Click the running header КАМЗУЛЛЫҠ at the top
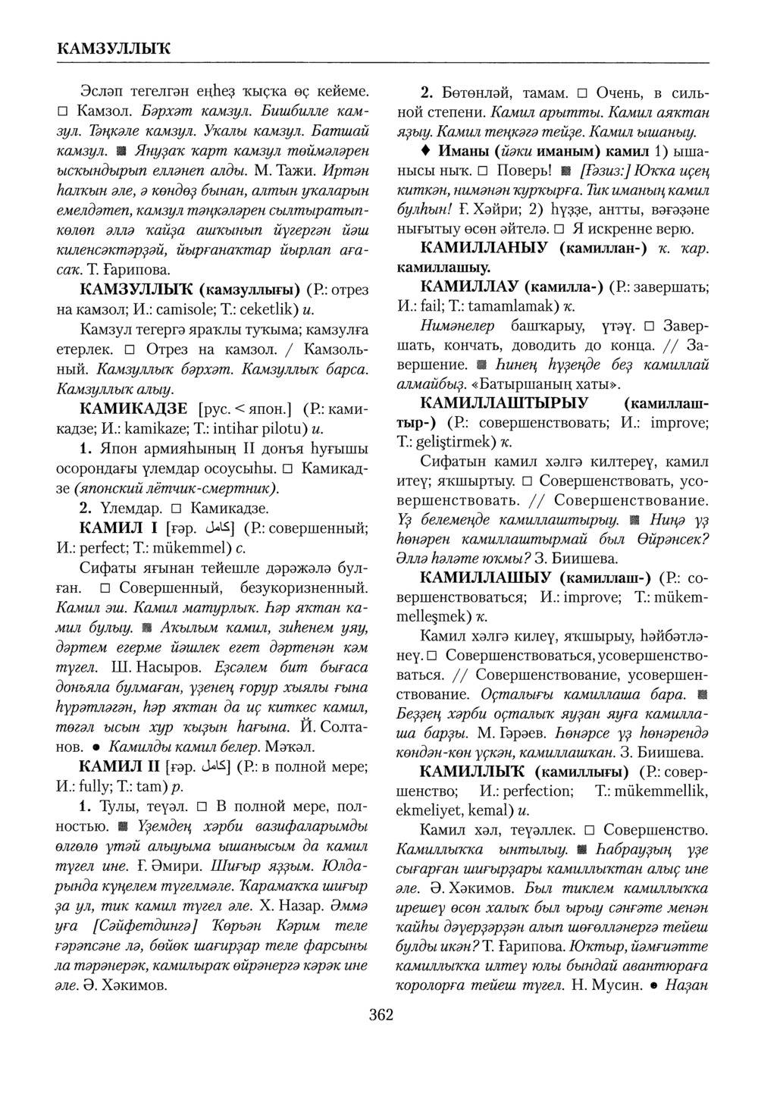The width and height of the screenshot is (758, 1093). point(114,49)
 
